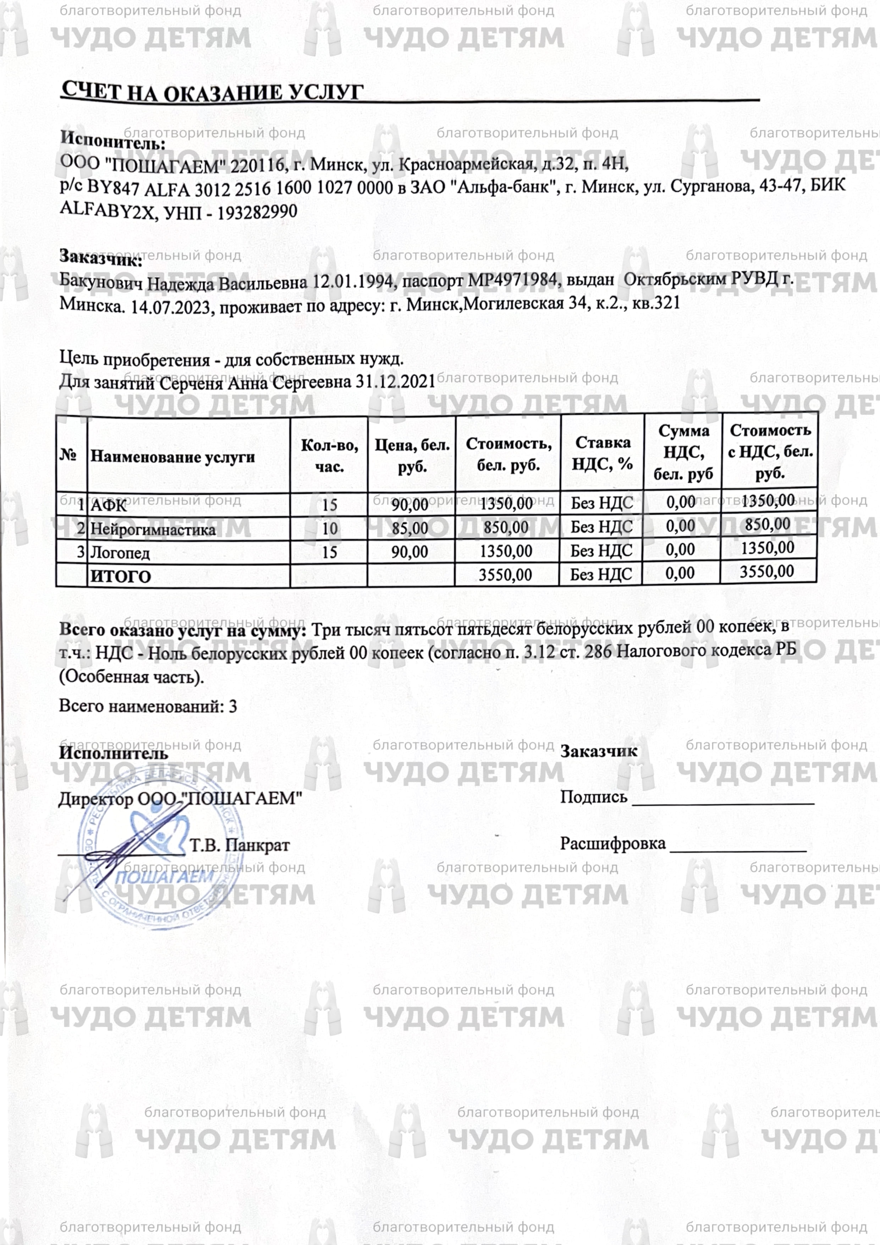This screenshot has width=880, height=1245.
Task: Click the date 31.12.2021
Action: point(395,382)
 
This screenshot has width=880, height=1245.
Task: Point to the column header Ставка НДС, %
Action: point(603,453)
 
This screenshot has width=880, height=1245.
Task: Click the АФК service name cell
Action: point(109,505)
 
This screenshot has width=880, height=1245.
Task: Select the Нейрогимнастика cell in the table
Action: point(153,529)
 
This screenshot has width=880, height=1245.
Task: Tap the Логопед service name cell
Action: point(120,553)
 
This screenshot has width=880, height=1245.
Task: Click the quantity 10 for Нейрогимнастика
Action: point(330,529)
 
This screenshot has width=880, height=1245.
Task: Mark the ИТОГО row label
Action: point(120,576)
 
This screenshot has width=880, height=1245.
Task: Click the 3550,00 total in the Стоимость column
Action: point(505,575)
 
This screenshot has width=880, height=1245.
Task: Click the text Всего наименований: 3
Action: point(148,706)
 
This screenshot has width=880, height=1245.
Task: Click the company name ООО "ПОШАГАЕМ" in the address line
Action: point(143,165)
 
